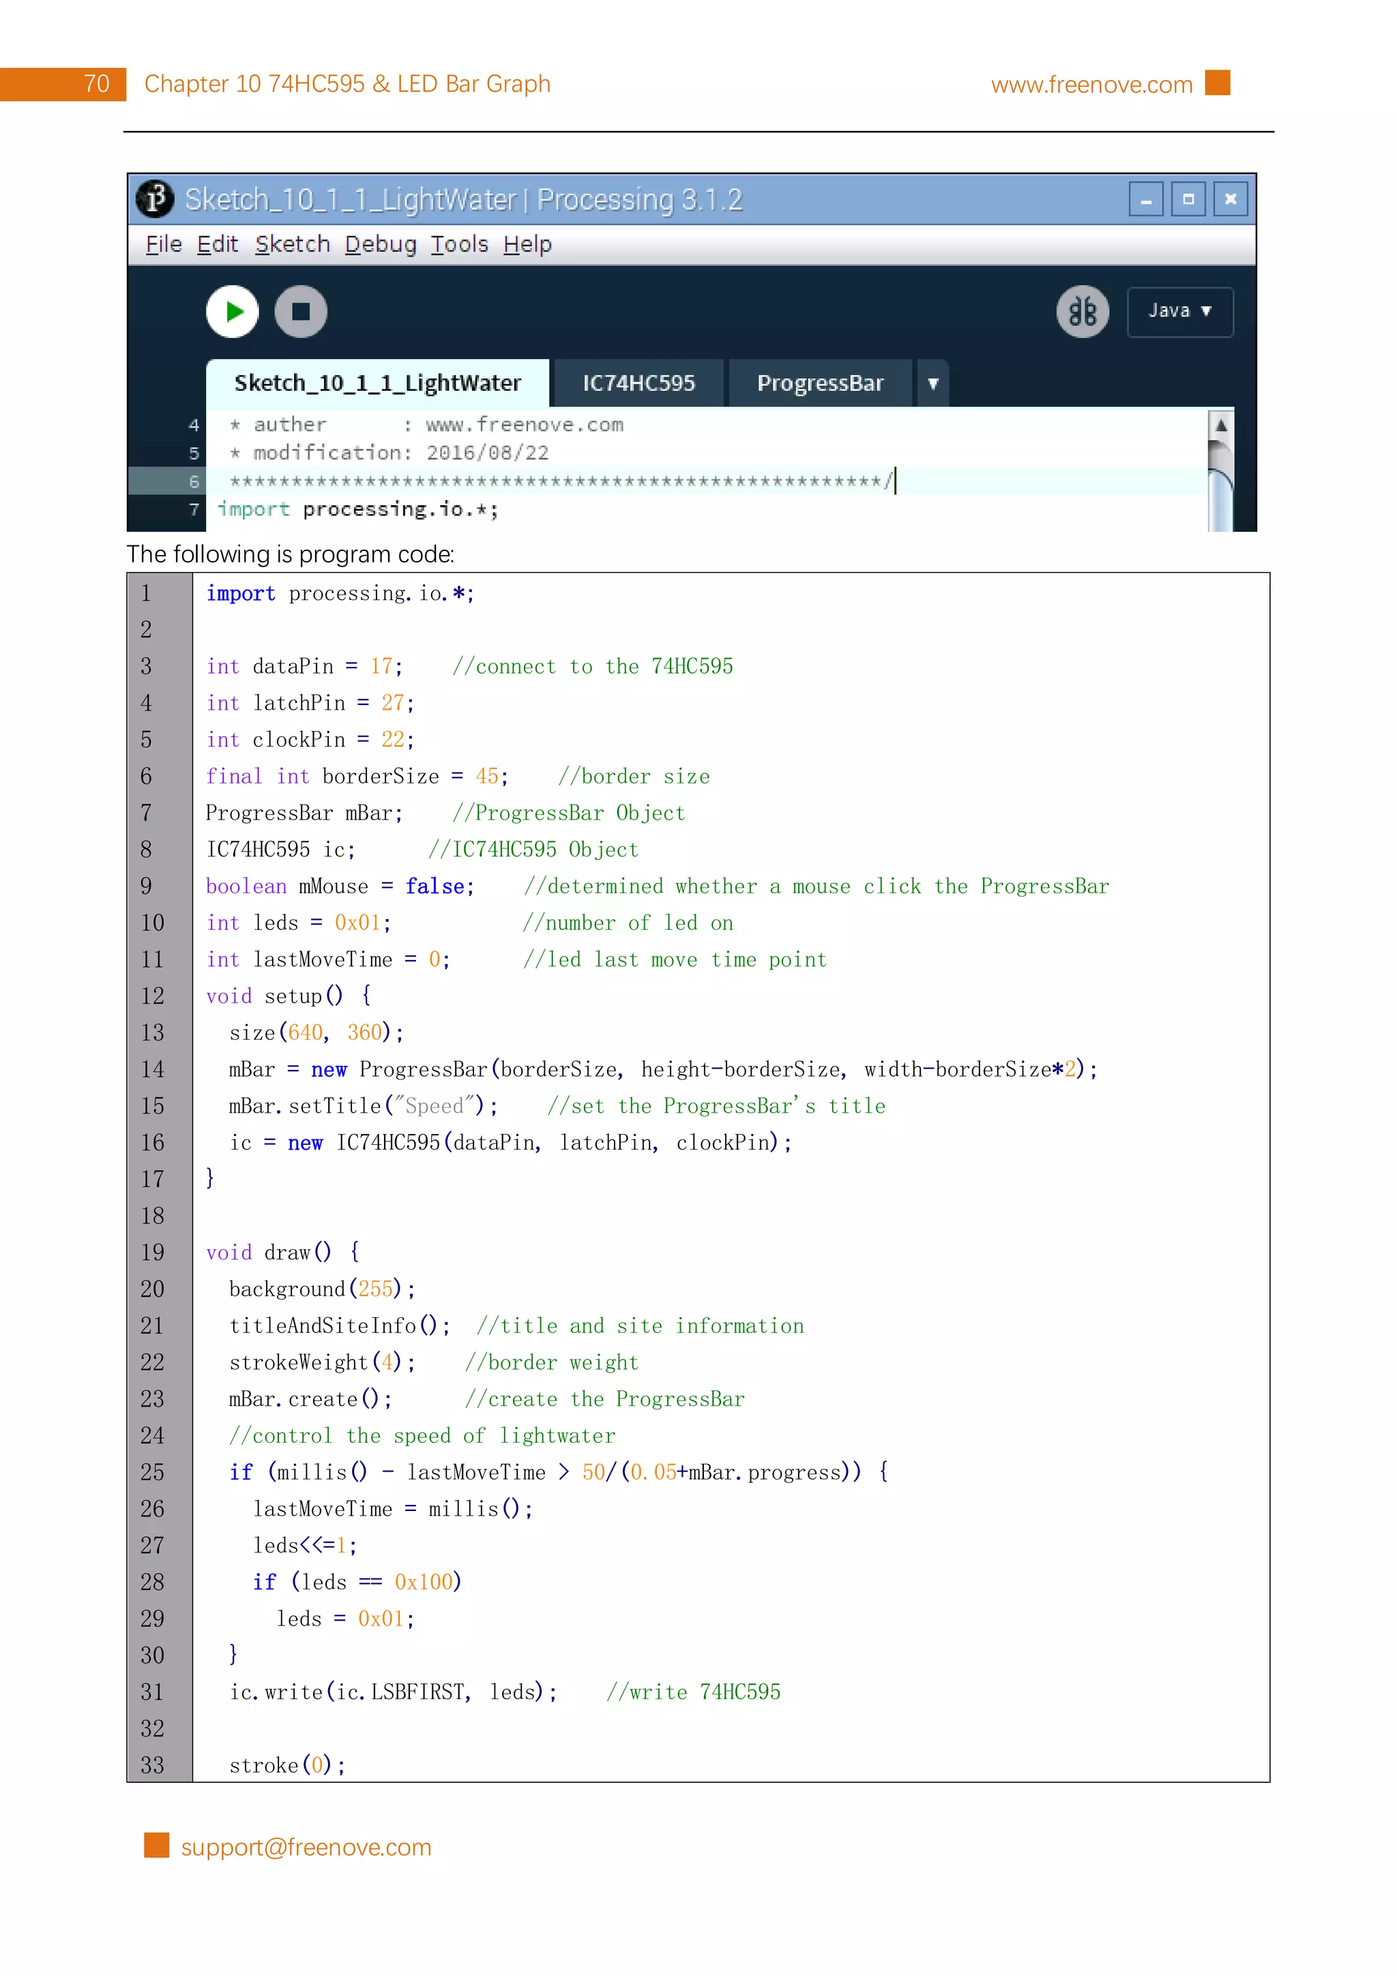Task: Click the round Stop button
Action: [x=300, y=312]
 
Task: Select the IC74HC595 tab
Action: [x=638, y=384]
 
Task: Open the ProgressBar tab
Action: [x=819, y=384]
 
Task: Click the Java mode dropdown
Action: [x=1179, y=312]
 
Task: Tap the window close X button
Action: [x=1230, y=200]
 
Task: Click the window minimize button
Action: [x=1146, y=200]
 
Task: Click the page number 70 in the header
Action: [x=96, y=85]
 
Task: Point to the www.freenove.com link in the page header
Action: [x=1091, y=85]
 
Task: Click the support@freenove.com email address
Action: [x=306, y=1847]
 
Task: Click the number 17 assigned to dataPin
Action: [x=381, y=667]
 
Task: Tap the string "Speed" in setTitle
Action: [x=434, y=1106]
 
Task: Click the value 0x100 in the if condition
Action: [x=424, y=1582]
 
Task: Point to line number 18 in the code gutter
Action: [x=152, y=1216]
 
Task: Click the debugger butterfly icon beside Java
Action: [x=1082, y=312]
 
